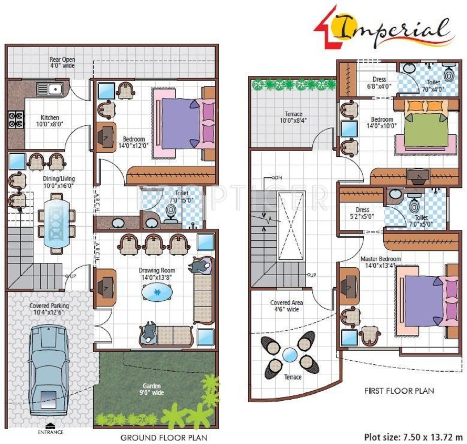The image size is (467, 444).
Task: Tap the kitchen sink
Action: point(50,89)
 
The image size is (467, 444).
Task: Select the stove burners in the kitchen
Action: point(16,119)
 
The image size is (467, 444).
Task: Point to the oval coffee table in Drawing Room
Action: point(157,292)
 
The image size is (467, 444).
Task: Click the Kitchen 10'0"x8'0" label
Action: point(50,121)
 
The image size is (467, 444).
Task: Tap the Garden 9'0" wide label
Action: point(152,389)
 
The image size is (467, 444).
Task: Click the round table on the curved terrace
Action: point(290,355)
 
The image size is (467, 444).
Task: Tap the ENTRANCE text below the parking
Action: point(50,432)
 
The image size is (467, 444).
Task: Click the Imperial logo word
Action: point(393,30)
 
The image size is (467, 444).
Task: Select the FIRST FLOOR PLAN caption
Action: point(399,391)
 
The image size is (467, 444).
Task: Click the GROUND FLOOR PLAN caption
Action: point(163,437)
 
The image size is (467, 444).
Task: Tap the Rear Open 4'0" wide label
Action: point(62,63)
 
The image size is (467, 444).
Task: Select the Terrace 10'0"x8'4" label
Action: point(293,117)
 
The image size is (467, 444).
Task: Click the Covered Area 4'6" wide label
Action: point(287,306)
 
